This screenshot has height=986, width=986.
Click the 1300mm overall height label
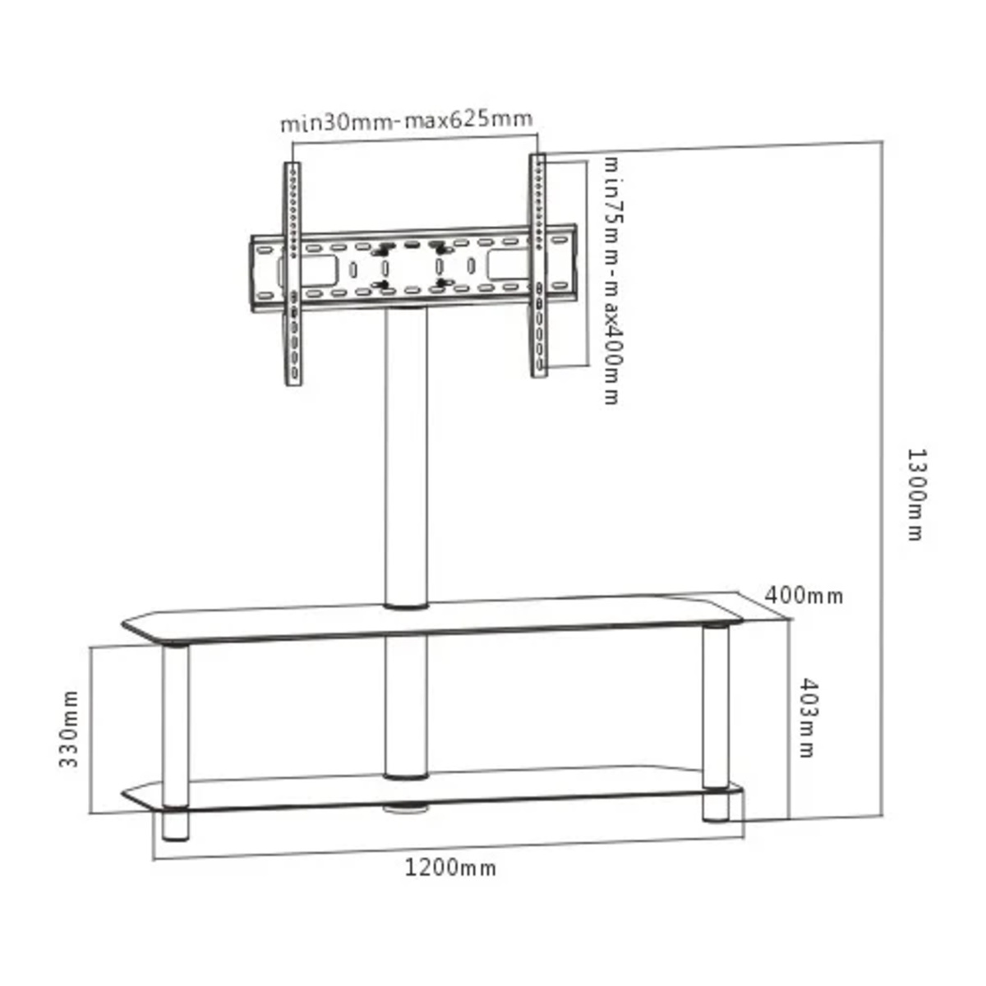click(915, 494)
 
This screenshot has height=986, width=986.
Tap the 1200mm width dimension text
click(450, 868)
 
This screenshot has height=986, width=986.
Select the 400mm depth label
click(804, 595)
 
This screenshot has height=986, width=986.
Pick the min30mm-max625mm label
click(407, 122)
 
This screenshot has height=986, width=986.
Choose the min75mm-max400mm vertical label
click(612, 279)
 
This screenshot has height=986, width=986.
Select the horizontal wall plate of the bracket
click(411, 271)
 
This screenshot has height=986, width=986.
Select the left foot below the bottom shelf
click(175, 826)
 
